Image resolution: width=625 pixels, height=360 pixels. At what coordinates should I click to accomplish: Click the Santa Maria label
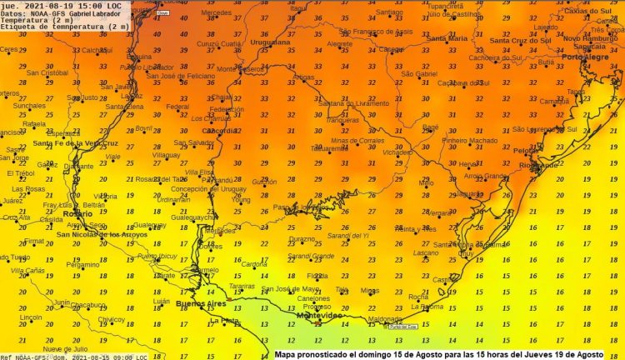point(447,38)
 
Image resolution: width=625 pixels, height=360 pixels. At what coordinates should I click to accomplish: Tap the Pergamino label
point(60,264)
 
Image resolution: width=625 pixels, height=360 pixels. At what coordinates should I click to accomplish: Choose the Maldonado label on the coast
point(384,318)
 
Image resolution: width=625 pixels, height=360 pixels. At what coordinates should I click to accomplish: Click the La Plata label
point(225,321)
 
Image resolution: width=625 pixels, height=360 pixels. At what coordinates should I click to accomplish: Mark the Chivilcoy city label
point(111,319)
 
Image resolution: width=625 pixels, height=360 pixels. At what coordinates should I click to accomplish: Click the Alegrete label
point(340,44)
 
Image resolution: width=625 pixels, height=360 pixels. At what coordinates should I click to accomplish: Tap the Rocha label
point(418,297)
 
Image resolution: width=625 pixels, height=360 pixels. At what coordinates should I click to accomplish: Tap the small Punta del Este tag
point(398,326)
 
